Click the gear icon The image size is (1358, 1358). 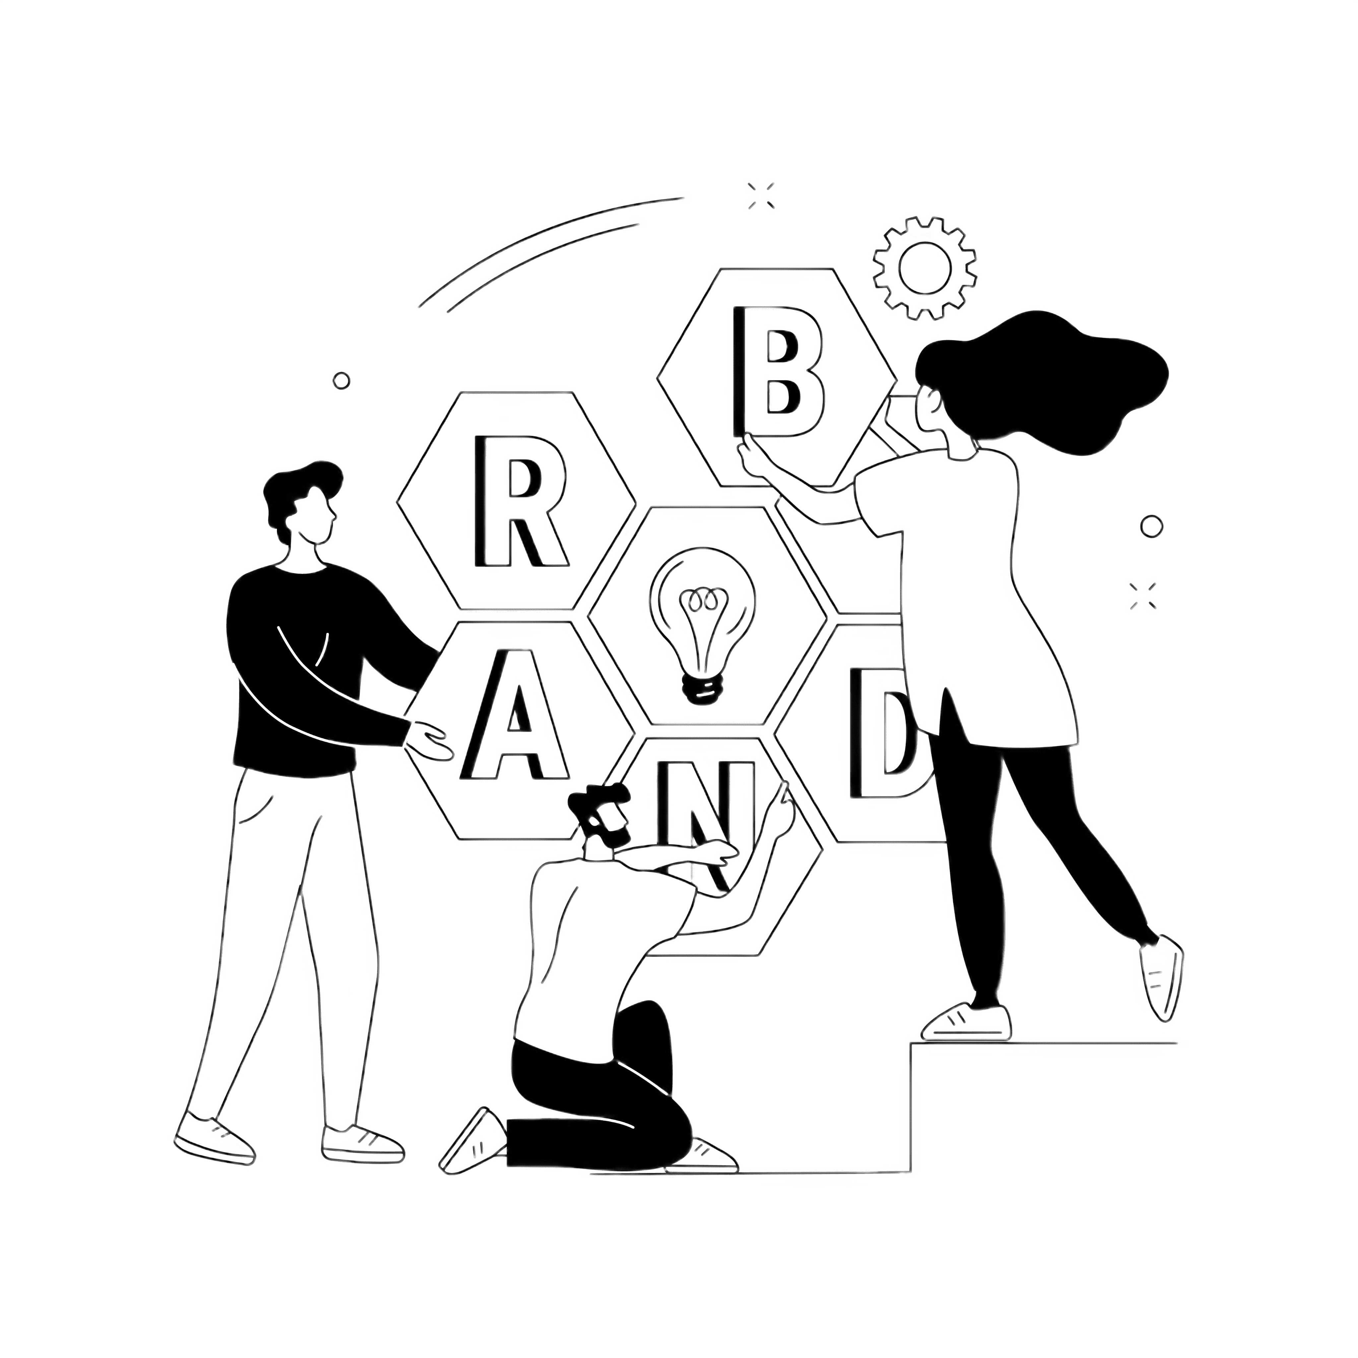(924, 269)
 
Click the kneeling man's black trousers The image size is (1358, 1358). (598, 1089)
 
